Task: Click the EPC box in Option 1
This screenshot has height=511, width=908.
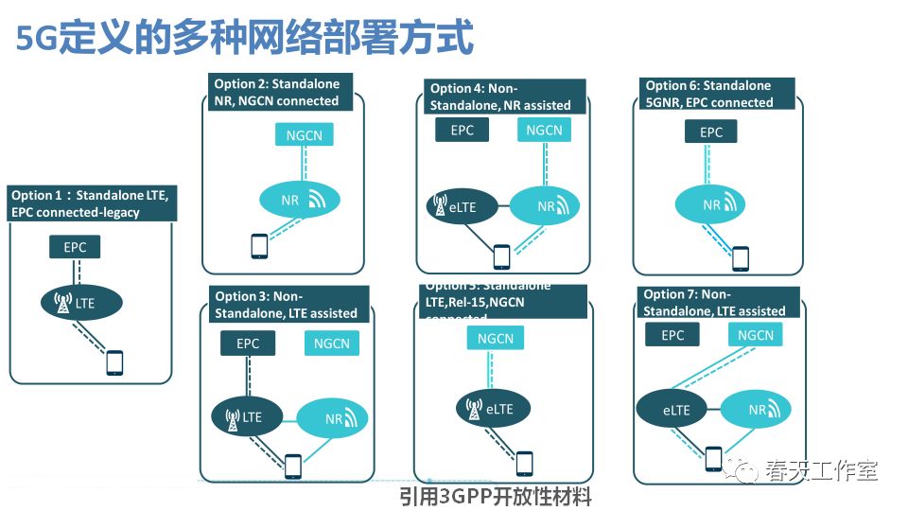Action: [x=75, y=248]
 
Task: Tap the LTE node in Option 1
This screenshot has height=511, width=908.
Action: [x=81, y=303]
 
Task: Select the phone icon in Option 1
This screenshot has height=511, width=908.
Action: [x=114, y=362]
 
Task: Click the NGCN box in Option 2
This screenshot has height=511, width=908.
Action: [x=304, y=135]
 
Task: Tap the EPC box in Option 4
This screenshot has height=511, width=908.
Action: [x=462, y=131]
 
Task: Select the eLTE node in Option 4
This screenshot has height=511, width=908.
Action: [x=462, y=205]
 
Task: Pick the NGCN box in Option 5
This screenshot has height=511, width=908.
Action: [x=496, y=339]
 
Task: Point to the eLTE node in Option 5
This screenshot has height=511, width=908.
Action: [x=492, y=409]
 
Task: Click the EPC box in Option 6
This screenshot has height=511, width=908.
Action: [x=711, y=133]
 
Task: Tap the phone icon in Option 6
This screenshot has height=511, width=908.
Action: [x=741, y=257]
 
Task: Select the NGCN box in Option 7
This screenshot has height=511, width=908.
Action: [x=756, y=335]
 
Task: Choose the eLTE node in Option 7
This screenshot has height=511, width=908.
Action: [x=675, y=410]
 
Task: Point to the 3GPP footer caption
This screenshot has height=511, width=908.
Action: [x=496, y=495]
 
